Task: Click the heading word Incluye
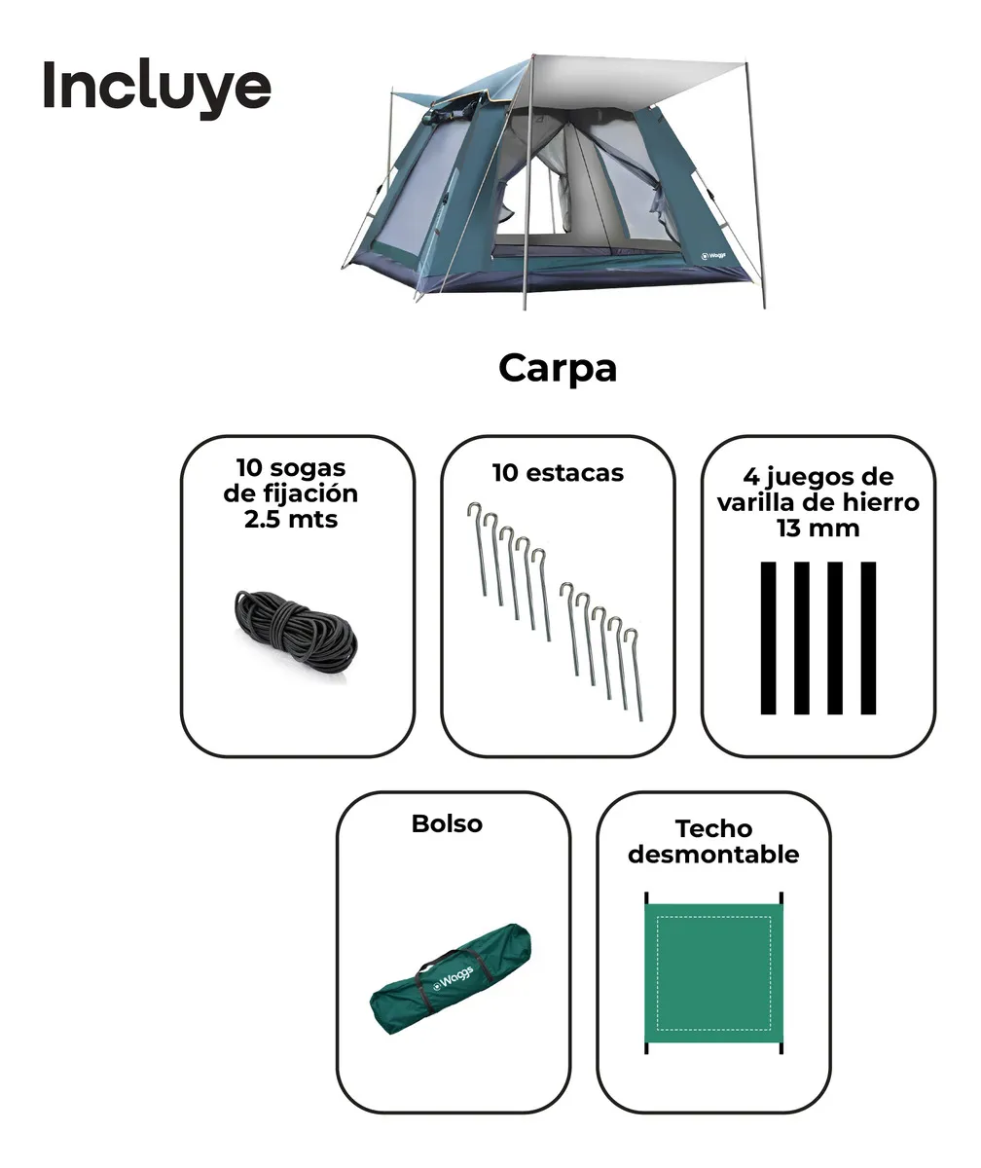(x=156, y=88)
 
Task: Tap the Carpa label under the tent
(x=557, y=369)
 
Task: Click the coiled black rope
(x=296, y=633)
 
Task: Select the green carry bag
(x=454, y=978)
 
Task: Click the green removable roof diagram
(x=713, y=971)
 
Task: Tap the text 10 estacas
(x=557, y=473)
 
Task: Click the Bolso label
(x=447, y=823)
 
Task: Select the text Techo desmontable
(x=713, y=842)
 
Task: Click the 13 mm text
(x=817, y=529)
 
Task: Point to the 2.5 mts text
(x=290, y=519)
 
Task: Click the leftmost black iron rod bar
(x=769, y=638)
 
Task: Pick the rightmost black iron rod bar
(x=868, y=638)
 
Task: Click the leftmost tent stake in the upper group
(x=480, y=550)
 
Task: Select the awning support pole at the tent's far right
(x=755, y=185)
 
